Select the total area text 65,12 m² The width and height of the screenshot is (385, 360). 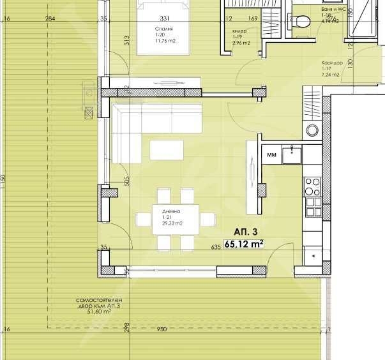pyautogui.click(x=244, y=243)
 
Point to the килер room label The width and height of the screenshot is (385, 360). pyautogui.click(x=239, y=31)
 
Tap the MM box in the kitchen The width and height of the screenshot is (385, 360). pyautogui.click(x=271, y=154)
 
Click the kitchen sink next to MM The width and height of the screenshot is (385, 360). pyautogui.click(x=294, y=153)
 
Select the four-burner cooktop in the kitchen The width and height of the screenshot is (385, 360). pyautogui.click(x=313, y=186)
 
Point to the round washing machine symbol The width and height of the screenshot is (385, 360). pyautogui.click(x=312, y=131)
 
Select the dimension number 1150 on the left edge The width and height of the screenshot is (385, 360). pyautogui.click(x=3, y=181)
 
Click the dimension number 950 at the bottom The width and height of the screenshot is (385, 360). pyautogui.click(x=160, y=329)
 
